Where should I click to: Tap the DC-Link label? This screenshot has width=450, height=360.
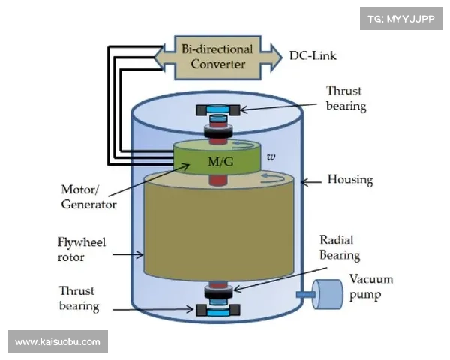pos(317,56)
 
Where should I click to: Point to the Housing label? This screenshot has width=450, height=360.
pos(350,181)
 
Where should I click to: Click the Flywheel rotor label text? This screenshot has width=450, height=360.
pos(79,250)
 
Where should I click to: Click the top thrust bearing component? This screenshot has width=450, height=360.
pos(218,110)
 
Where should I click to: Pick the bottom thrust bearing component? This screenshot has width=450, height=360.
pos(218,308)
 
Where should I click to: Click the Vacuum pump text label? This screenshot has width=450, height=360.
pos(370,286)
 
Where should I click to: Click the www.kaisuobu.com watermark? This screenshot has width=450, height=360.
pos(57,342)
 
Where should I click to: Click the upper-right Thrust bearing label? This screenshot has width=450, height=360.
pos(346,98)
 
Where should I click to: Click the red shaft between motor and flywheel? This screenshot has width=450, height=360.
pos(218,180)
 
